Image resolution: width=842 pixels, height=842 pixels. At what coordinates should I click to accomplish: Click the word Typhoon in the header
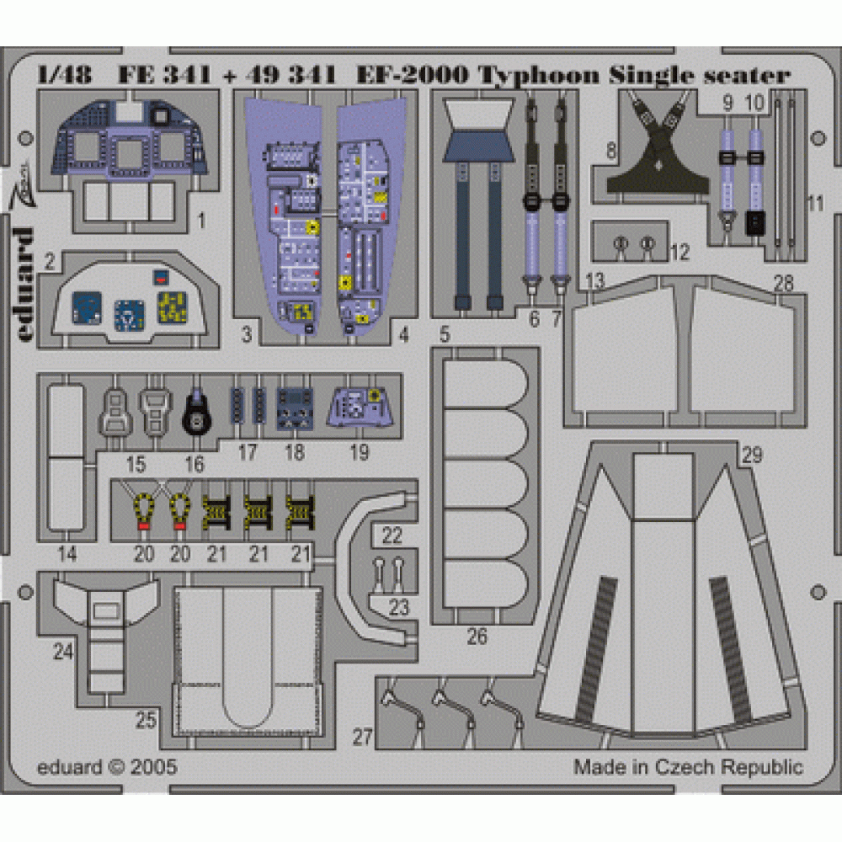539,76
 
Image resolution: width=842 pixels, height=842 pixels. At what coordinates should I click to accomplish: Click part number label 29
752,456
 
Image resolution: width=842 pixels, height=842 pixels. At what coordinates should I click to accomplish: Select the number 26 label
477,637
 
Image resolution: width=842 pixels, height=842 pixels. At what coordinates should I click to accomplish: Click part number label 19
359,452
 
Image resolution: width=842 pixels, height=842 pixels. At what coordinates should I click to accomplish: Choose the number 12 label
680,252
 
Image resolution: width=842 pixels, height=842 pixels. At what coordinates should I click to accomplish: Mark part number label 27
362,738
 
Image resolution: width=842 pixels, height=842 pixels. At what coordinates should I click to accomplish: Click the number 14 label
68,555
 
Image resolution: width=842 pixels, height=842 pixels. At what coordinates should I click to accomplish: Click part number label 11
814,203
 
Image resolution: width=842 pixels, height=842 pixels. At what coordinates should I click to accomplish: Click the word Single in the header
646,76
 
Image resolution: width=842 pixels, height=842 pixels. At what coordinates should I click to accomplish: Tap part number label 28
783,284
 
